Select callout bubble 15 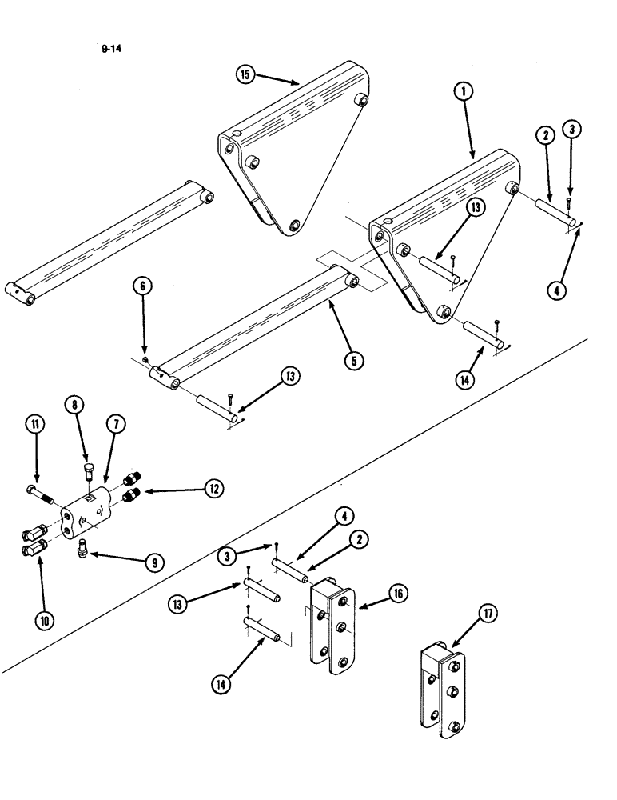[x=245, y=75]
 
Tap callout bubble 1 [x=461, y=93]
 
